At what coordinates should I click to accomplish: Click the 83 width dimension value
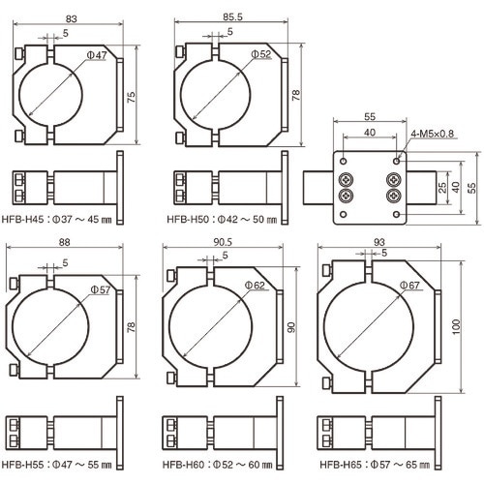(x=72, y=18)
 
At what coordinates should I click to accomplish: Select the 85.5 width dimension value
(x=232, y=16)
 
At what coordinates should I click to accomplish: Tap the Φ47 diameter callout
(x=97, y=55)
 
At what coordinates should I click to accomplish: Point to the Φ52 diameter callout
(x=261, y=54)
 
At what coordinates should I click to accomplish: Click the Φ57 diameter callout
(x=101, y=289)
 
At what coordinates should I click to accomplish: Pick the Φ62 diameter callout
(x=255, y=286)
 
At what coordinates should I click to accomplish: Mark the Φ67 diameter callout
(x=409, y=286)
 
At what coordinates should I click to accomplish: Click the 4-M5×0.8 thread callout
(x=433, y=134)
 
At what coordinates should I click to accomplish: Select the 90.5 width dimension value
(x=223, y=242)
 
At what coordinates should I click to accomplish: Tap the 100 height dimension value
(x=456, y=327)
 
